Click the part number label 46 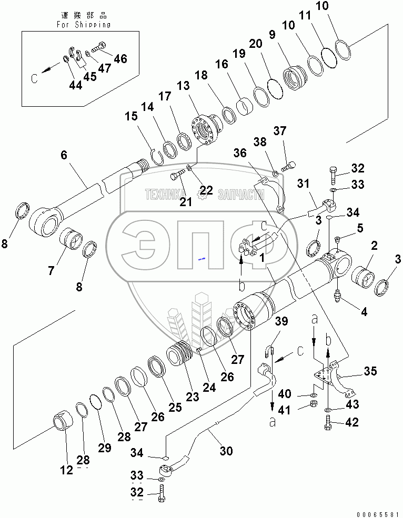[120, 58]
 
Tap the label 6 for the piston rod [64, 155]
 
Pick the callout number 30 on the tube [226, 451]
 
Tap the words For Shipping [83, 24]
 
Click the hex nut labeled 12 [62, 422]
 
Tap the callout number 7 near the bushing [51, 271]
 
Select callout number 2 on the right [374, 246]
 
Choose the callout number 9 [271, 35]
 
